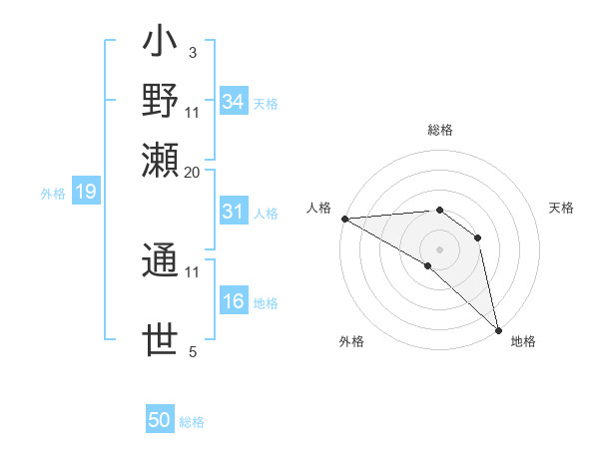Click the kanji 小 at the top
click(160, 45)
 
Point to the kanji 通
click(160, 262)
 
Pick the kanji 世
click(160, 339)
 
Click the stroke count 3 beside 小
click(192, 52)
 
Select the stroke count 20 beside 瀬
click(193, 172)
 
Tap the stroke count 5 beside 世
click(192, 351)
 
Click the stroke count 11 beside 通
click(193, 270)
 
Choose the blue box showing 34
click(233, 102)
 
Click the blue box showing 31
click(233, 212)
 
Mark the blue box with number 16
click(233, 301)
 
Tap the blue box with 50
click(159, 420)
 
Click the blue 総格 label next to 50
click(192, 422)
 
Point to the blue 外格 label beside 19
click(52, 194)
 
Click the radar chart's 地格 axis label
click(523, 341)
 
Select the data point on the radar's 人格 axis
click(344, 219)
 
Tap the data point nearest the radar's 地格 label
click(497, 329)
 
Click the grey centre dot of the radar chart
click(439, 247)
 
